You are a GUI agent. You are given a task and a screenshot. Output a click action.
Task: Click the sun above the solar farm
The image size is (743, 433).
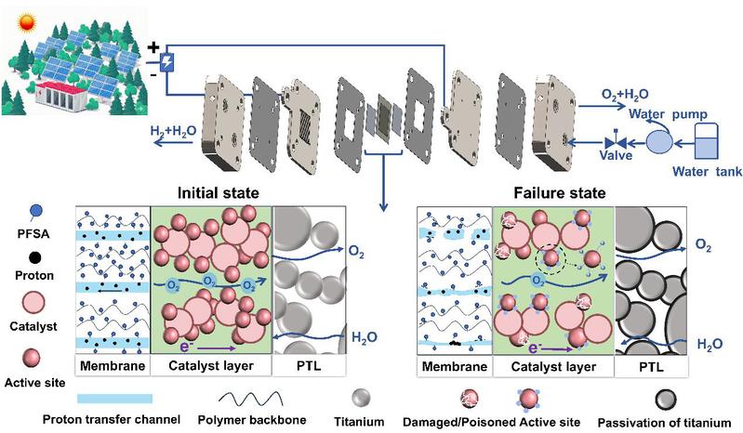(26, 22)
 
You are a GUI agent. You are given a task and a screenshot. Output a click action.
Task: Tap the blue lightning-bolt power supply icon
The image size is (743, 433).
(166, 62)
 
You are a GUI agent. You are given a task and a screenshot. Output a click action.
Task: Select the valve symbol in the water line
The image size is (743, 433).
(615, 142)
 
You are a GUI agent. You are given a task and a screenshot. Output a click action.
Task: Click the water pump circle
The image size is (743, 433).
(659, 141)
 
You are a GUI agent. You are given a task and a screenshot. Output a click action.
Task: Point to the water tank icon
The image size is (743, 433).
(706, 141)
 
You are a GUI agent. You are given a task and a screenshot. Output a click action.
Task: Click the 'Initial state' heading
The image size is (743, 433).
(218, 193)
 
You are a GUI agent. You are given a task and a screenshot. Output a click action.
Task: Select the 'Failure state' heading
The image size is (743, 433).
(559, 193)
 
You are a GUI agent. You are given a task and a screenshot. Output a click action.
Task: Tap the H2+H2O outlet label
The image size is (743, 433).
(174, 131)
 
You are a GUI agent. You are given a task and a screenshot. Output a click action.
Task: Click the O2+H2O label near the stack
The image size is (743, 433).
(625, 95)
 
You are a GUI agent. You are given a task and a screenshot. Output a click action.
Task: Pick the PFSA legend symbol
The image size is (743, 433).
(35, 213)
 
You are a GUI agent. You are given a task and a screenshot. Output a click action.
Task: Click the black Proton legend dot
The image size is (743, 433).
(34, 258)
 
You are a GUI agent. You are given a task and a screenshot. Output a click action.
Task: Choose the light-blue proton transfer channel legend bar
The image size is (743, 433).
(114, 399)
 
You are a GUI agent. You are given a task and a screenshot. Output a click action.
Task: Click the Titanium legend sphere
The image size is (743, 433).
(361, 398)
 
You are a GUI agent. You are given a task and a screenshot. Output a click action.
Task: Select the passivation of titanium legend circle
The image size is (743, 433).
(666, 400)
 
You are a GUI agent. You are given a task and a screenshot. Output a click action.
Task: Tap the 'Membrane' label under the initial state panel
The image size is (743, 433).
(113, 366)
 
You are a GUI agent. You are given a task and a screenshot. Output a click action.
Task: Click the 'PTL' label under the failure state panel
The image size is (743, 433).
(652, 367)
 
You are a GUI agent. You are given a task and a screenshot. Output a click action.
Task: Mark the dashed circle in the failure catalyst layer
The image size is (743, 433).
(551, 258)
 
